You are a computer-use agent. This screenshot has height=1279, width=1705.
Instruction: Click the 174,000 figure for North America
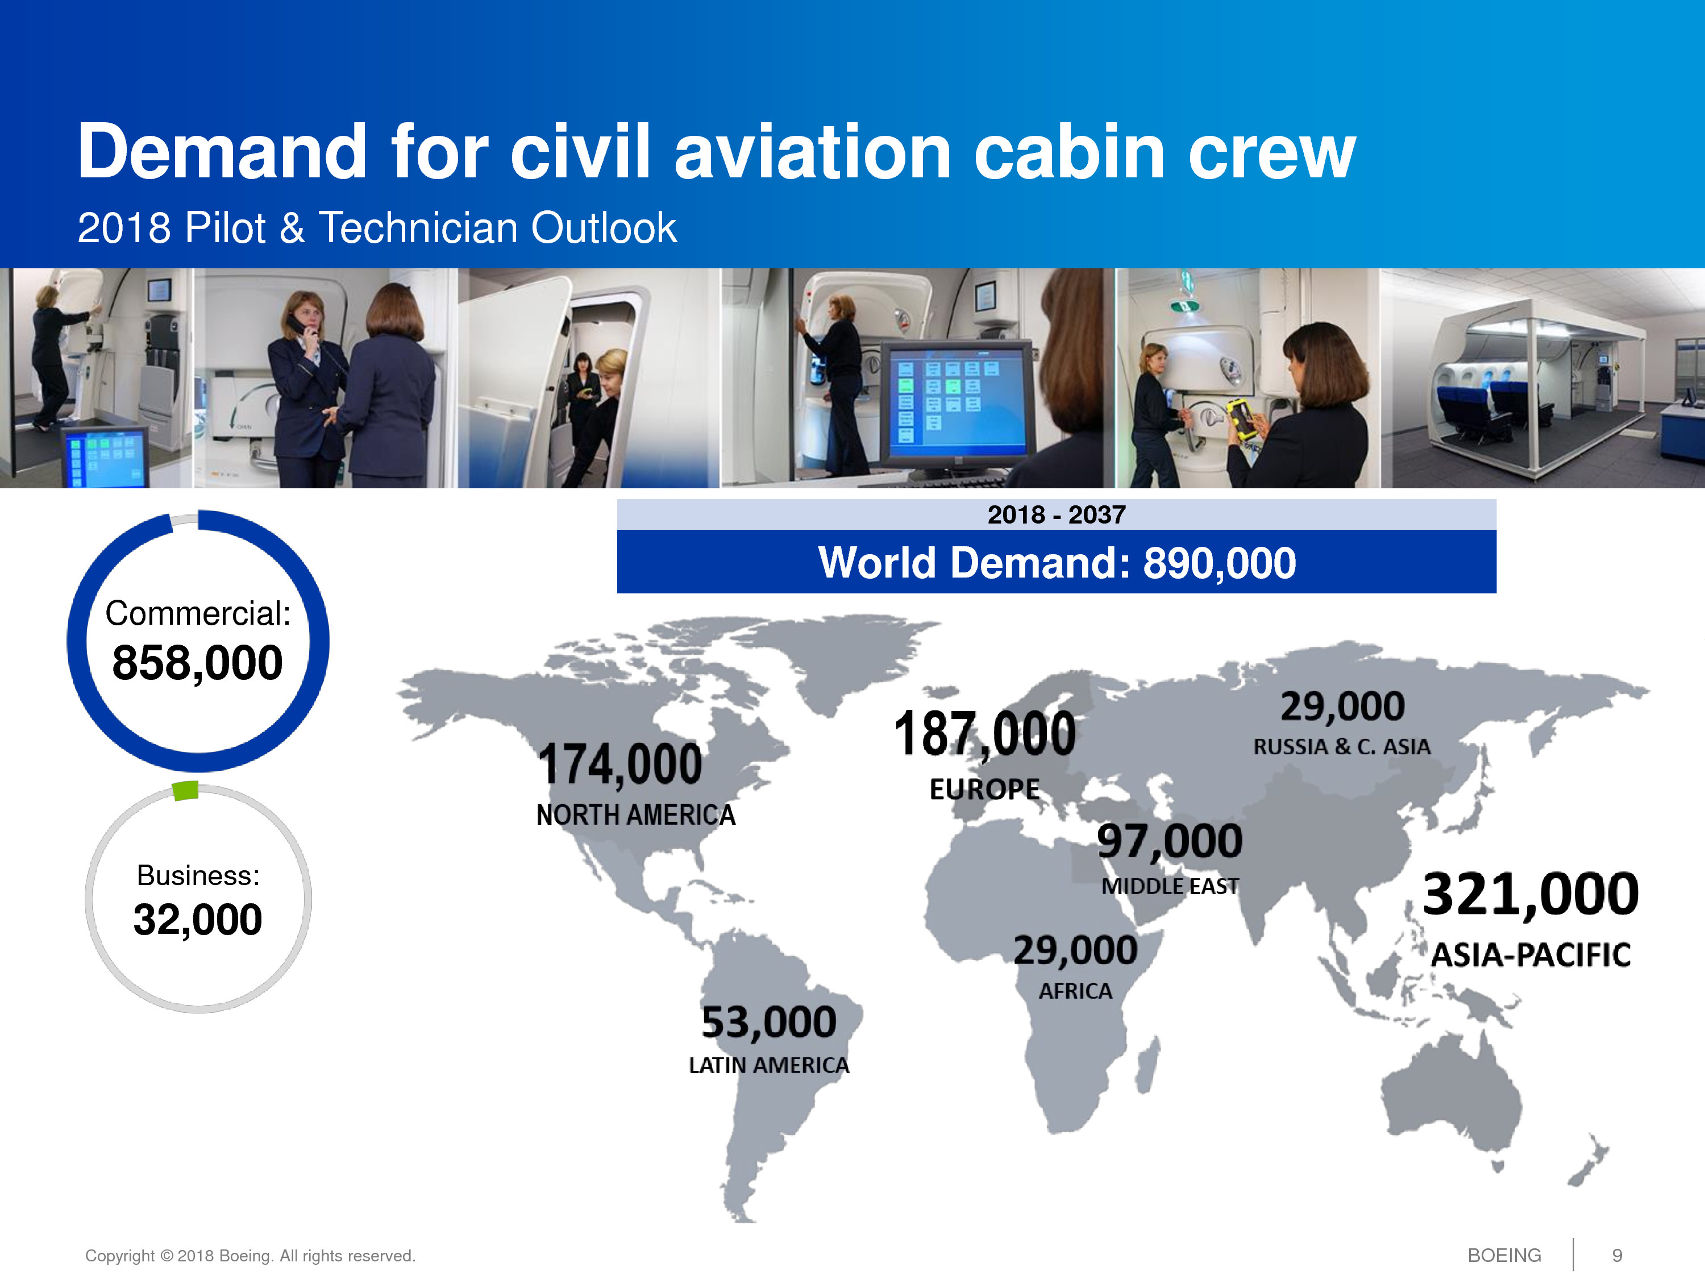tap(621, 765)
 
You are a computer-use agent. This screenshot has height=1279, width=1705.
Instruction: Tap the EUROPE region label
tap(984, 790)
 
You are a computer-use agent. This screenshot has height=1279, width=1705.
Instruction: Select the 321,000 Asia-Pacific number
tap(1531, 894)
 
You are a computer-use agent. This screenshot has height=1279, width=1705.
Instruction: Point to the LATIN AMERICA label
tap(768, 1065)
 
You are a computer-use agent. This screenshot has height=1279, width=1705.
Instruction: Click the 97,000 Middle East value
tap(1169, 841)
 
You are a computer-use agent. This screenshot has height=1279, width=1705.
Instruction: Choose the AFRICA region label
tap(1075, 991)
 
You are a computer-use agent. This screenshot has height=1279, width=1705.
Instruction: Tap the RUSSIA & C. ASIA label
tap(1342, 746)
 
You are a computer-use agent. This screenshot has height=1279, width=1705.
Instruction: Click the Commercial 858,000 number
tap(197, 663)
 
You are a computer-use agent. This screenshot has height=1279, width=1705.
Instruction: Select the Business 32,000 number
tap(197, 920)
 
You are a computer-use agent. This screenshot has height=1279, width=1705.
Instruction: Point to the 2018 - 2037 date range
tap(1057, 514)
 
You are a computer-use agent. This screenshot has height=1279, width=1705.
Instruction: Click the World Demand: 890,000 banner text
tap(1057, 563)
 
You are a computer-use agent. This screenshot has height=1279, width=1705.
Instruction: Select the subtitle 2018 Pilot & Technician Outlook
tap(377, 228)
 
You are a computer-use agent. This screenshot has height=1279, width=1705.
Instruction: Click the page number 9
tap(1617, 1256)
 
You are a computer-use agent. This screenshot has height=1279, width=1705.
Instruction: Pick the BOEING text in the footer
tap(1504, 1256)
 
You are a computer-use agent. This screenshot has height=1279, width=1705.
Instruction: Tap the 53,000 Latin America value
tap(768, 1022)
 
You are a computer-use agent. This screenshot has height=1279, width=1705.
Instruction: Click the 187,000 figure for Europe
tap(984, 733)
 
